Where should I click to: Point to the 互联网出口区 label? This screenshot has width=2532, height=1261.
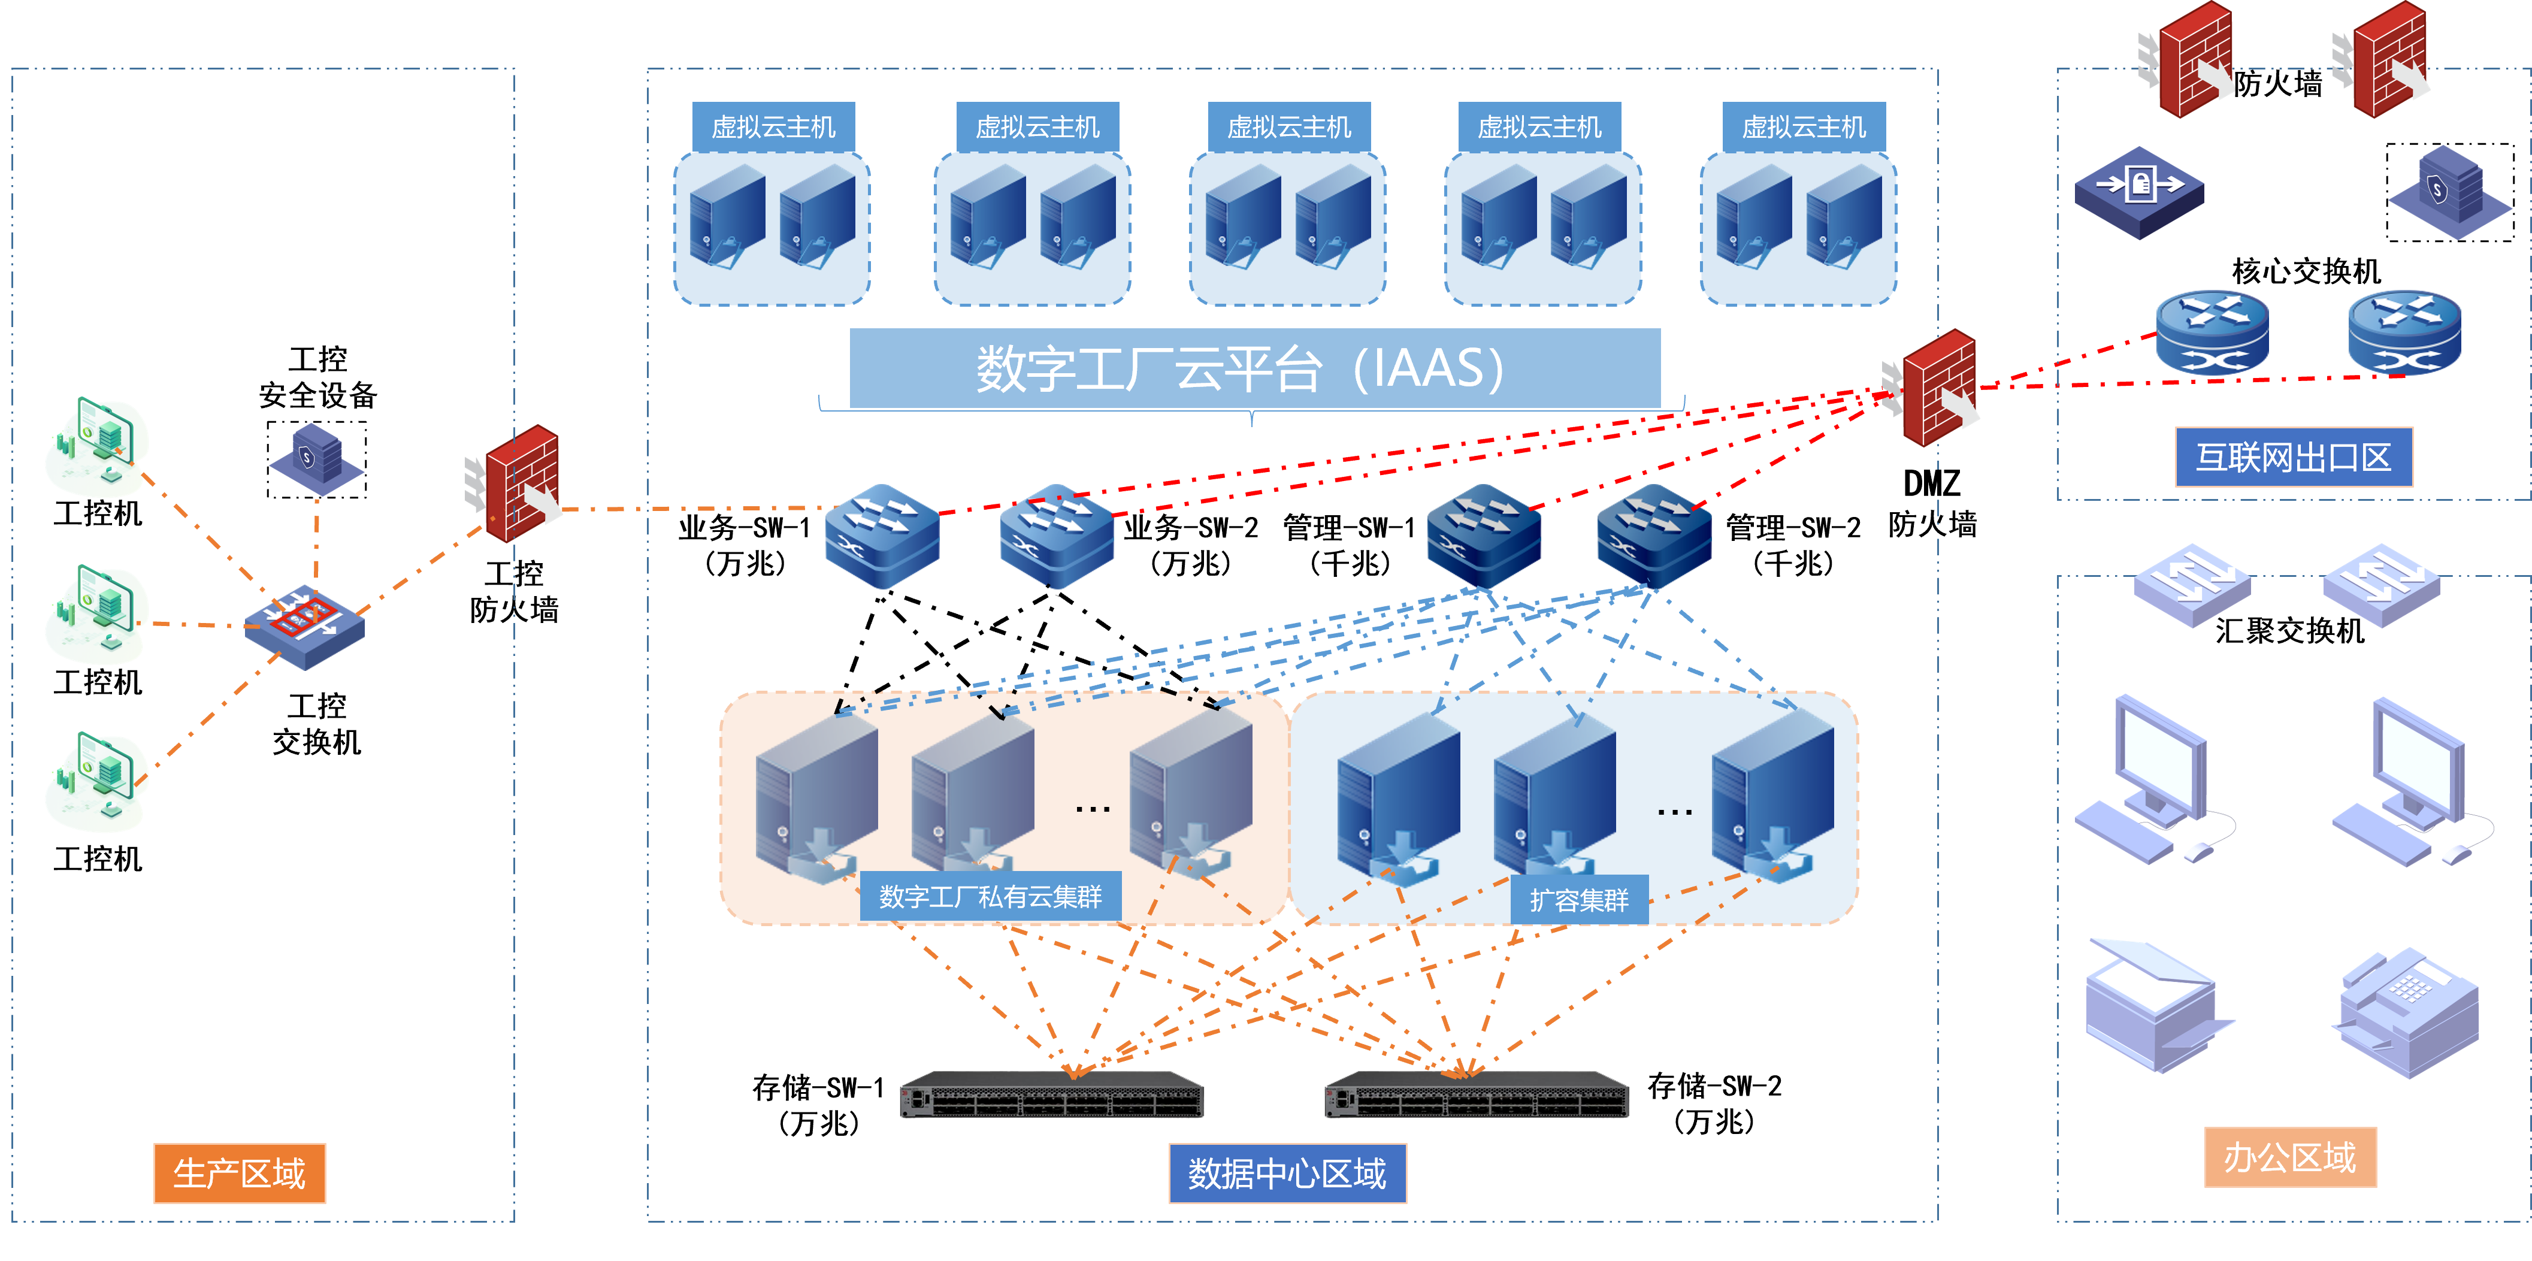coord(2293,457)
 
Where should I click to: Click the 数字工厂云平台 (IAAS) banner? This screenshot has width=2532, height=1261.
coord(1254,368)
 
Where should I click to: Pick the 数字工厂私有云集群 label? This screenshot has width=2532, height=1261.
coord(990,896)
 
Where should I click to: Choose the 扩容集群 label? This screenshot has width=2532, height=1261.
coord(1578,899)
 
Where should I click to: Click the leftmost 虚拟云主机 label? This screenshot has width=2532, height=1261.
coord(773,127)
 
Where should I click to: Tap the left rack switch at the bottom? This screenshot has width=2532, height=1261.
coord(1052,1096)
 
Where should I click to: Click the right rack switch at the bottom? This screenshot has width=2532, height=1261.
coord(1477,1096)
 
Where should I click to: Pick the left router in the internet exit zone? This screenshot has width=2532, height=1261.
coord(2212,332)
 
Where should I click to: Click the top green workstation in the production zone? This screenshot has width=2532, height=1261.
coord(98,447)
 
